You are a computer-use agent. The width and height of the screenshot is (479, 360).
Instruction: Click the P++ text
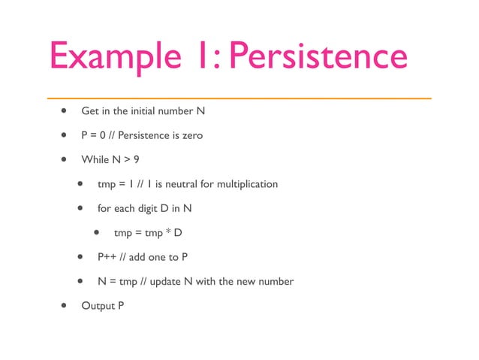[106, 257]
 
